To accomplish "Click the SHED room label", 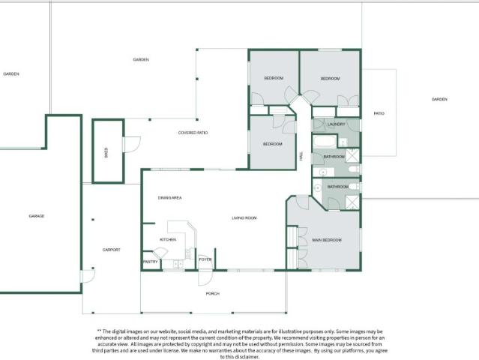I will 106,151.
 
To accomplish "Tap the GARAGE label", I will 36,216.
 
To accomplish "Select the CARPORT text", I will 111,250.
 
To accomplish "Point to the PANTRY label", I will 150,262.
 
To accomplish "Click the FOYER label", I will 205,259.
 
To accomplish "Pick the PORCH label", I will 213,293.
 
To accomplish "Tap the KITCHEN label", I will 168,239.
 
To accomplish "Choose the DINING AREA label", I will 170,197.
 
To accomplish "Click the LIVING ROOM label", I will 244,217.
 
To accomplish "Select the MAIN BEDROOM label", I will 327,240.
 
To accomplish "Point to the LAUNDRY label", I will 337,124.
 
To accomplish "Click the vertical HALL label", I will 301,156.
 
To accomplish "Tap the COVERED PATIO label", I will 193,133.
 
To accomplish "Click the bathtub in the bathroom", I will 325,142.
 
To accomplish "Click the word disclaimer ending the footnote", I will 247,357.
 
